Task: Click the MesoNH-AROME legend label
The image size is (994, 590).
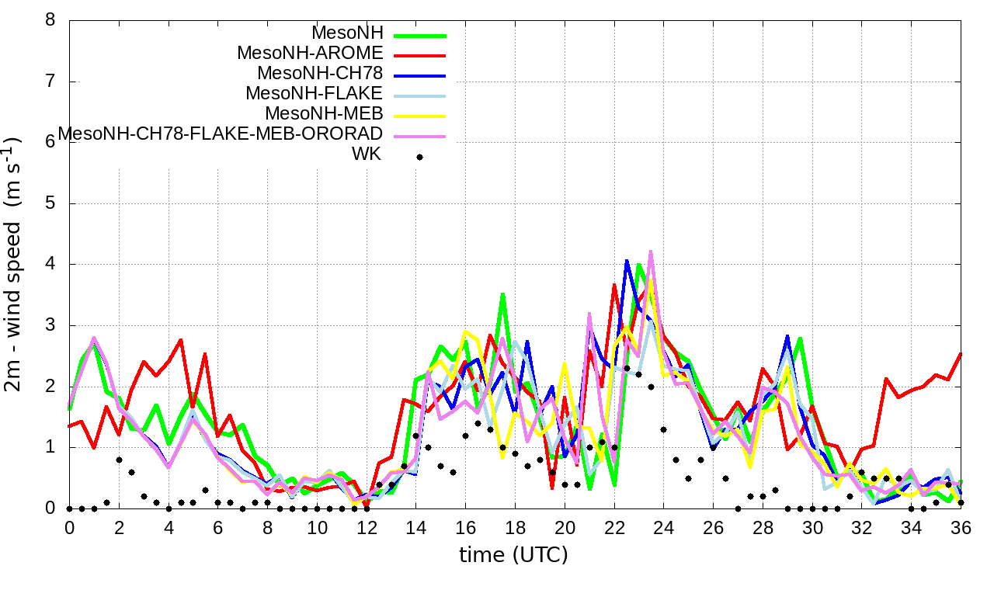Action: [x=310, y=54]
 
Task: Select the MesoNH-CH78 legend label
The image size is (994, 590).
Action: [x=320, y=74]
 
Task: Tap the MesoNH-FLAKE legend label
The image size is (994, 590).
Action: [x=315, y=94]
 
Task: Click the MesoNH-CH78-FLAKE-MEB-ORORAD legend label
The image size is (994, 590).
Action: [x=221, y=134]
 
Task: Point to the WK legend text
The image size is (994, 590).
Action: [x=367, y=154]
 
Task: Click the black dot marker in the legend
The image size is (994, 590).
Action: [x=420, y=157]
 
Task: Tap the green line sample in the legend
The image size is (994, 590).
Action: [x=420, y=36]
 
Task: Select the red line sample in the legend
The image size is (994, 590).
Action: [x=420, y=56]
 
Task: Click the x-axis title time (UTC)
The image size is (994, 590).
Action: [x=513, y=555]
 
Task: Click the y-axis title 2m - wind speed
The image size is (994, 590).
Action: [x=15, y=264]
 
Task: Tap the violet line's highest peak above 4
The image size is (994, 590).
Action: [x=651, y=251]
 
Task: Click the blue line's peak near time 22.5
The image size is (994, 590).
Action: [x=627, y=261]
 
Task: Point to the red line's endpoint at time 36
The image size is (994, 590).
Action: [x=961, y=353]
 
